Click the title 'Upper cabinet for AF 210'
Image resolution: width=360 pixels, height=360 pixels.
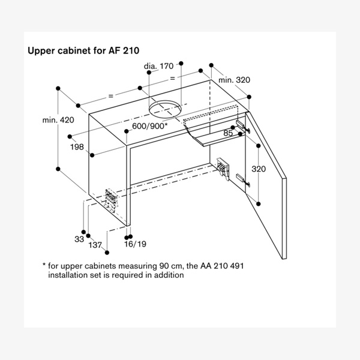[x=84, y=51]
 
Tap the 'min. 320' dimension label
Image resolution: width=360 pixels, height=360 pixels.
[x=235, y=80]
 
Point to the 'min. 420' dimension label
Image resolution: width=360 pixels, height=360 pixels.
[x=58, y=120]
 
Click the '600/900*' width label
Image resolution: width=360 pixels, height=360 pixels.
[x=149, y=126]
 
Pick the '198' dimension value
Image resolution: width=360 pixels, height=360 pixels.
[x=76, y=146]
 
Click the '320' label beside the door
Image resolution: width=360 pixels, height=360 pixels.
[x=258, y=169]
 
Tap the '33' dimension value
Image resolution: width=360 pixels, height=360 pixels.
[x=79, y=239]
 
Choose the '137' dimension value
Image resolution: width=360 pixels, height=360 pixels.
[x=95, y=245]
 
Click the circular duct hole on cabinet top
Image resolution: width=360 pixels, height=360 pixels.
[x=165, y=110]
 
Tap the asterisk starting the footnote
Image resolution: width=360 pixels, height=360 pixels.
[x=44, y=265]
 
